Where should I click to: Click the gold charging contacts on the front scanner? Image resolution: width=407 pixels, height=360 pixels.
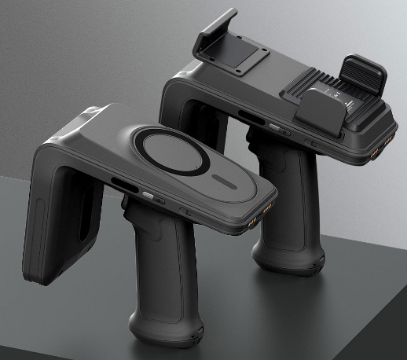263,209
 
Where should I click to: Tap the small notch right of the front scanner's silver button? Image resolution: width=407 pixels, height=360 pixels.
185,211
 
